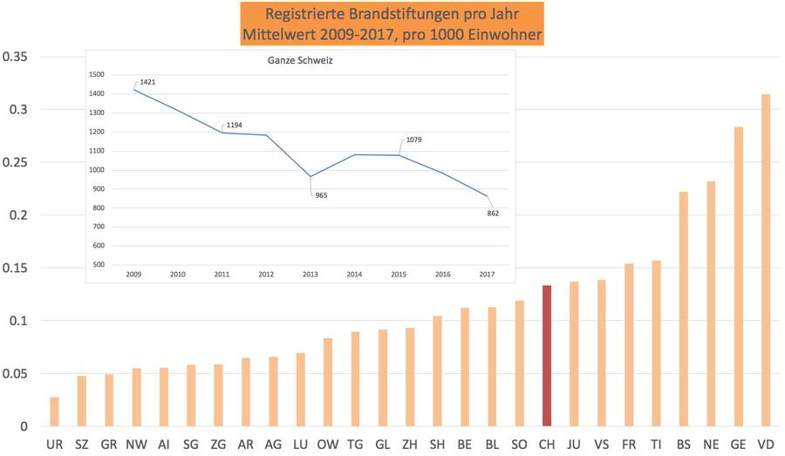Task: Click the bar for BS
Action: pos(683,309)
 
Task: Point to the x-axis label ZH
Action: pos(409,445)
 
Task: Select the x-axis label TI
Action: pos(656,445)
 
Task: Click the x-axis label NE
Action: pos(710,445)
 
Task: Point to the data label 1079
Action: pos(414,140)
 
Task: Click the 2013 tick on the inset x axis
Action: pos(310,274)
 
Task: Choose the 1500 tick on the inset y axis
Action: pos(97,74)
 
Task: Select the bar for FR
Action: pos(628,344)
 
